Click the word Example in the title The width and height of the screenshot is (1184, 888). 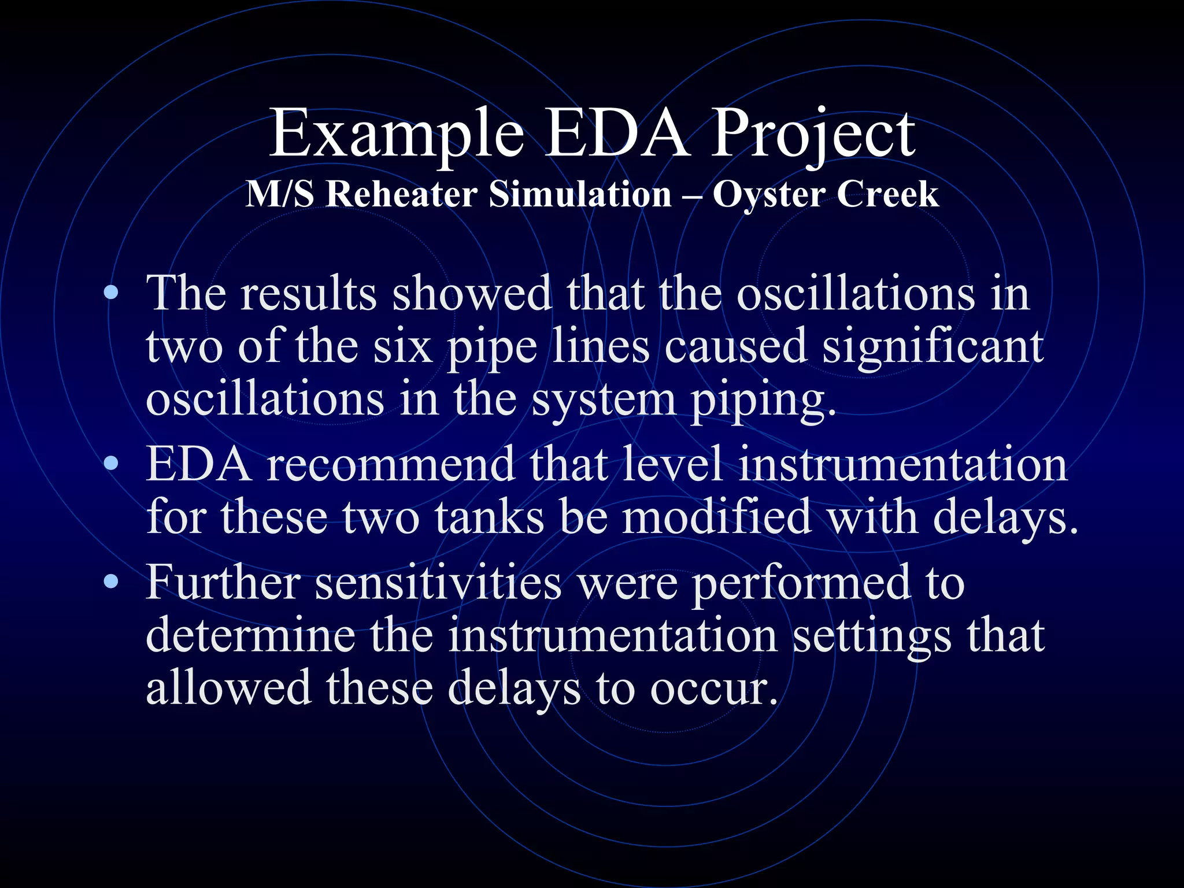(x=397, y=134)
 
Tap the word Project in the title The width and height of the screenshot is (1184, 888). (x=812, y=134)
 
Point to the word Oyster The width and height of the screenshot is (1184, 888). (x=768, y=195)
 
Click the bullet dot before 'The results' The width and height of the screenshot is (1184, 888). (x=111, y=293)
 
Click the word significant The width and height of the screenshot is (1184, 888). (x=933, y=347)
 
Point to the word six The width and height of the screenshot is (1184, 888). (x=403, y=347)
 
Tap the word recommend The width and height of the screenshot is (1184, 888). (x=390, y=464)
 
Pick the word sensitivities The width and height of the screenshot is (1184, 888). (x=438, y=582)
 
